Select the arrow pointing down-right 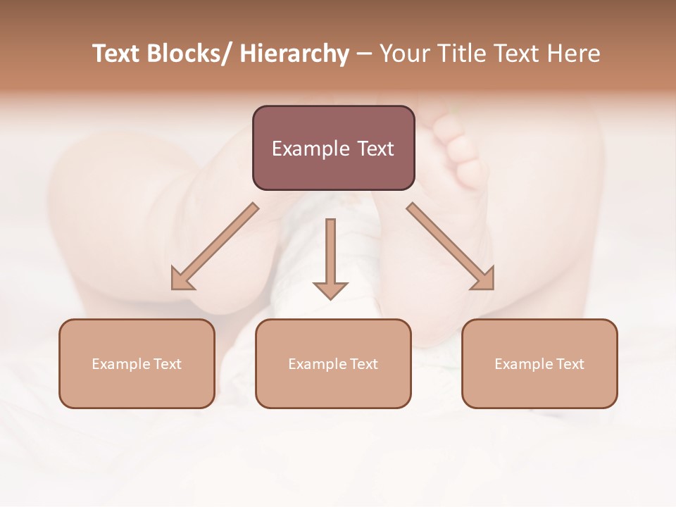451,246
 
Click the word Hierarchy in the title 294,54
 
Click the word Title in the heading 461,54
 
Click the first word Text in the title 116,54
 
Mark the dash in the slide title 364,54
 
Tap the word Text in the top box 375,149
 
